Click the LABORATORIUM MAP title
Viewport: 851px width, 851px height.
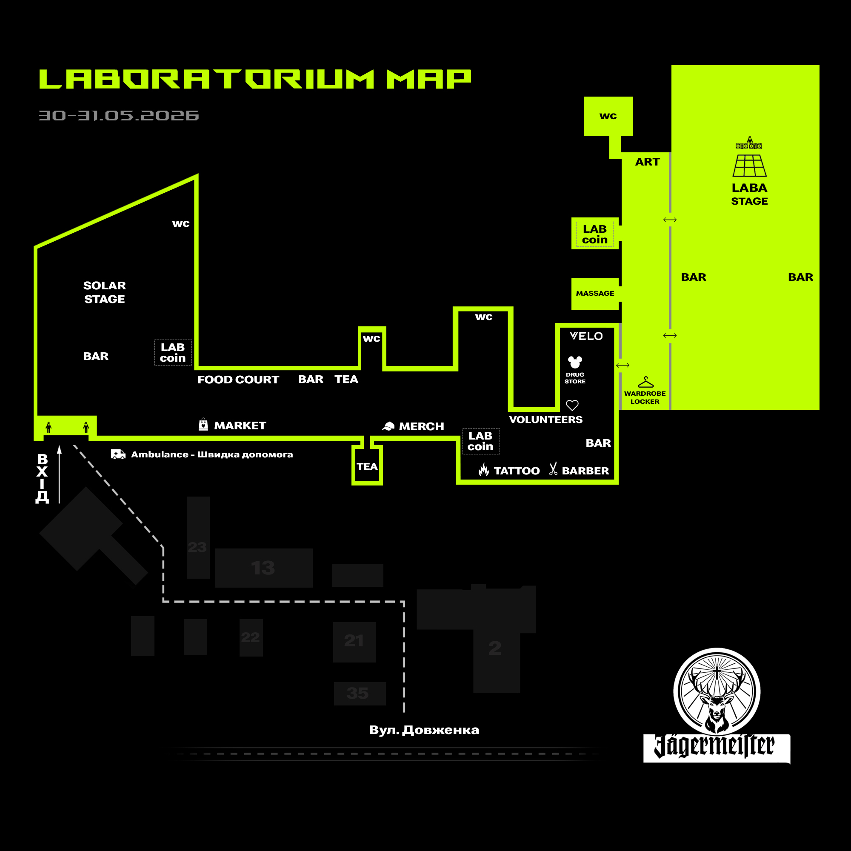click(255, 79)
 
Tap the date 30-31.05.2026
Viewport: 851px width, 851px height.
click(118, 115)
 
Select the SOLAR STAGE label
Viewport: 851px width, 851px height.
click(104, 292)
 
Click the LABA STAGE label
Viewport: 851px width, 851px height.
click(749, 194)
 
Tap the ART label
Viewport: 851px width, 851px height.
click(647, 162)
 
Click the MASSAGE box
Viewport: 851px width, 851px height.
click(595, 293)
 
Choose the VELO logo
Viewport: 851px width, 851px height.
click(586, 336)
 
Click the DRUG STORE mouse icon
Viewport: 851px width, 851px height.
click(575, 362)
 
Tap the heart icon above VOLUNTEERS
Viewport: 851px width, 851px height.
click(572, 405)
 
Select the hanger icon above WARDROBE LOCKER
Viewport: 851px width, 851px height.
click(646, 382)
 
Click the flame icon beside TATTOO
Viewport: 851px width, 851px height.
click(484, 470)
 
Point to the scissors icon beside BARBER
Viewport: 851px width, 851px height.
click(553, 468)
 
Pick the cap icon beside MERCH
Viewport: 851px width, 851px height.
click(388, 426)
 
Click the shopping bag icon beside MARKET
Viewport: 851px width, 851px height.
click(203, 424)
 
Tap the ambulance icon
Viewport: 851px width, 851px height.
click(118, 454)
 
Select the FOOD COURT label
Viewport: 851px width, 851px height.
click(238, 380)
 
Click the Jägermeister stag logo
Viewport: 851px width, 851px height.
click(717, 705)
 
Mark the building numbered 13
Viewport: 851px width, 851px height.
click(264, 568)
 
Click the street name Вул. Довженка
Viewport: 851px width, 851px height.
click(424, 730)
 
